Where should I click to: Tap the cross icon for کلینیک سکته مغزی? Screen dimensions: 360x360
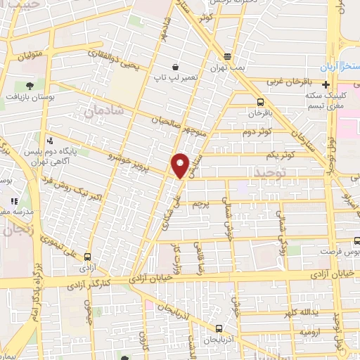[x=325, y=84]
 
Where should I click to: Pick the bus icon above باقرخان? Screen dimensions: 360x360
[x=261, y=101]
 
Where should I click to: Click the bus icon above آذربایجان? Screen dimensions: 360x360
[x=219, y=328]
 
